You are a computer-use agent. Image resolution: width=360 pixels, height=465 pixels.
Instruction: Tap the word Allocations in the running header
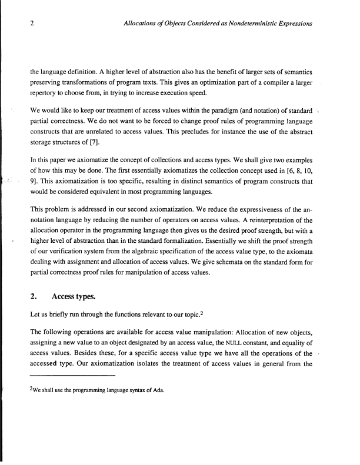tap(142, 24)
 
